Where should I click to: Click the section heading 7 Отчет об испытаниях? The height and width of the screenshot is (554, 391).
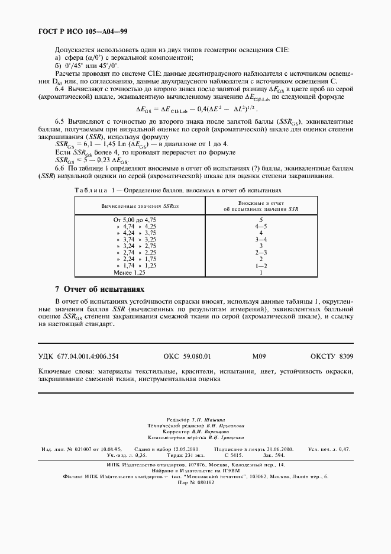(x=99, y=289)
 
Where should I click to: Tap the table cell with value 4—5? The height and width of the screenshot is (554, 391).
(x=261, y=226)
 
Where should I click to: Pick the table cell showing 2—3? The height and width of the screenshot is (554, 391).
(x=261, y=252)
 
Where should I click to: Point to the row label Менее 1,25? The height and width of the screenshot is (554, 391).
(x=129, y=272)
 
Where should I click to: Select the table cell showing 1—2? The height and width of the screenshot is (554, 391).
(x=261, y=266)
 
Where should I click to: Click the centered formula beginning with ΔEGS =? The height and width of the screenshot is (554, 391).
(x=195, y=109)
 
